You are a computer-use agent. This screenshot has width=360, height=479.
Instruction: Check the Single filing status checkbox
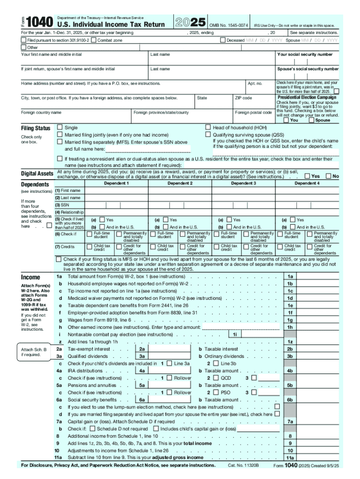click(60, 127)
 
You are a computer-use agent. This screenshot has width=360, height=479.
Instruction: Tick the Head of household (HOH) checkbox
click(208, 127)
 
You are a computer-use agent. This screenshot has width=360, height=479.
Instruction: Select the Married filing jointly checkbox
click(60, 134)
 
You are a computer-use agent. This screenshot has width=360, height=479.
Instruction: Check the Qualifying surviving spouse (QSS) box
click(208, 134)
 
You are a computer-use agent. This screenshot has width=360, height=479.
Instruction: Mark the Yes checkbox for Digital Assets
click(307, 176)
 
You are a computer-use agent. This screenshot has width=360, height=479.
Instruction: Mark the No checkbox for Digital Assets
click(328, 176)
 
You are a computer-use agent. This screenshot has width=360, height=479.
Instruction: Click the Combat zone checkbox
click(94, 41)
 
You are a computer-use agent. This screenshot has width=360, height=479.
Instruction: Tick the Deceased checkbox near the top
click(223, 41)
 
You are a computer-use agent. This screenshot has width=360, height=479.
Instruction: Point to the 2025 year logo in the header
click(190, 22)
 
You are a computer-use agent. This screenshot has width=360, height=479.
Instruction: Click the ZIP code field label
click(243, 98)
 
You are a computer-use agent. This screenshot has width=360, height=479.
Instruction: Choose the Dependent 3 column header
click(243, 183)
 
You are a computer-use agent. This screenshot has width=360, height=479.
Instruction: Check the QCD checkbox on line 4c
click(216, 378)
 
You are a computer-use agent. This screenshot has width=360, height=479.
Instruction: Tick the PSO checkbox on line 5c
click(216, 392)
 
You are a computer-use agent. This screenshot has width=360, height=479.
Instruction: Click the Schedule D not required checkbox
click(93, 428)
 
